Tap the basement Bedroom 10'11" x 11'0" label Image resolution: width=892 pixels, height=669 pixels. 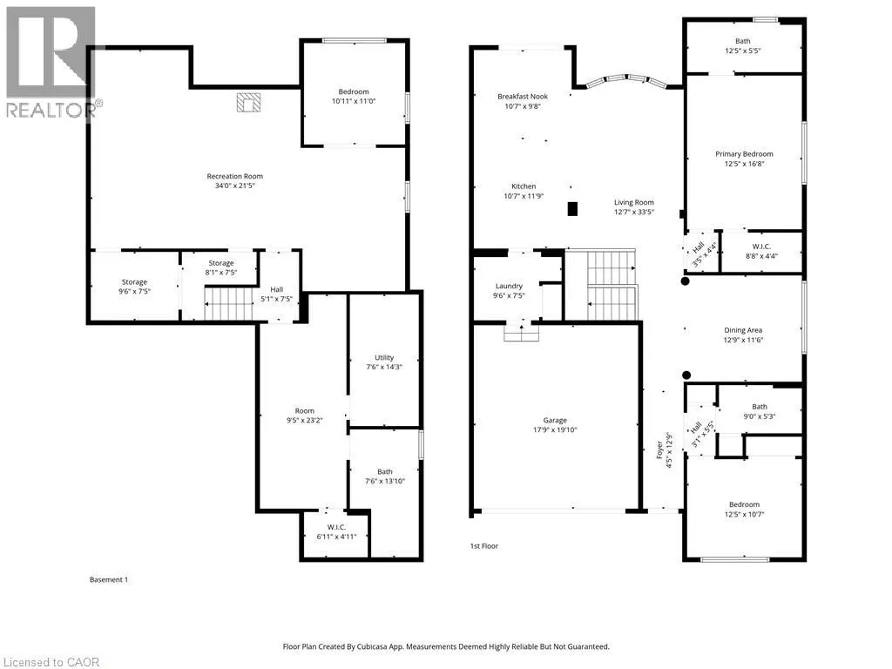click(x=354, y=96)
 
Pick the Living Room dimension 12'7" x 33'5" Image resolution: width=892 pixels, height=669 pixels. click(x=634, y=213)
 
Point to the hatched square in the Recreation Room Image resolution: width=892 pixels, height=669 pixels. click(x=248, y=103)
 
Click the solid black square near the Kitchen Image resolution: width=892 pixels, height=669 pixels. click(x=572, y=209)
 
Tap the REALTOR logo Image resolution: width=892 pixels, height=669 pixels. click(x=51, y=63)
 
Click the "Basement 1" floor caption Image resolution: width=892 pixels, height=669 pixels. click(x=109, y=579)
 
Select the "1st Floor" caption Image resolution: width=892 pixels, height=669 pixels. click(x=484, y=546)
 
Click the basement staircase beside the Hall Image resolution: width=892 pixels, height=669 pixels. click(x=229, y=304)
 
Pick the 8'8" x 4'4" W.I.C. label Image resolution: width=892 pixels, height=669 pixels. click(x=761, y=251)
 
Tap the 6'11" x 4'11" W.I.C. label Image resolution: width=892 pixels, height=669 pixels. click(x=336, y=532)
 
